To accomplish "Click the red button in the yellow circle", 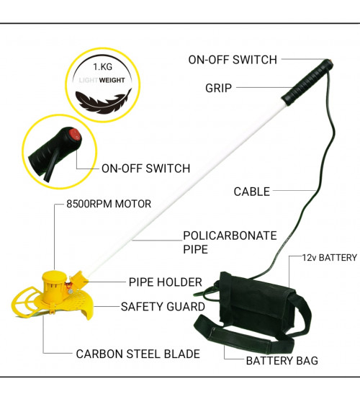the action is (75, 135).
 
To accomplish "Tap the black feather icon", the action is (104, 102).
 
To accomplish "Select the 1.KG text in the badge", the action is (102, 67).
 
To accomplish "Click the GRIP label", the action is (219, 88).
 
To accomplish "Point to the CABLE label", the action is (252, 192).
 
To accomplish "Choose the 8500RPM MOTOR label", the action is (109, 204).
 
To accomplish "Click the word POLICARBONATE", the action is (230, 236).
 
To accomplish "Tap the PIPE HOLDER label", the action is (166, 282).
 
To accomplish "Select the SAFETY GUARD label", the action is (163, 307).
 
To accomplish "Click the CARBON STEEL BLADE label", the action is (138, 354).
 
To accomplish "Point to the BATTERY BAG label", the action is (282, 361).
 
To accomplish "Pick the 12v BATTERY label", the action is (330, 258).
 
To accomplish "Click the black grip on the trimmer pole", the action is (307, 82).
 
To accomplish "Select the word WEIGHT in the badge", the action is (112, 80).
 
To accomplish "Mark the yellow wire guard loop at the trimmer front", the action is (24, 301).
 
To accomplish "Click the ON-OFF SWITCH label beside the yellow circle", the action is (146, 169).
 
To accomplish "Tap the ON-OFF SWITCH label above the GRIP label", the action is (233, 60).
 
